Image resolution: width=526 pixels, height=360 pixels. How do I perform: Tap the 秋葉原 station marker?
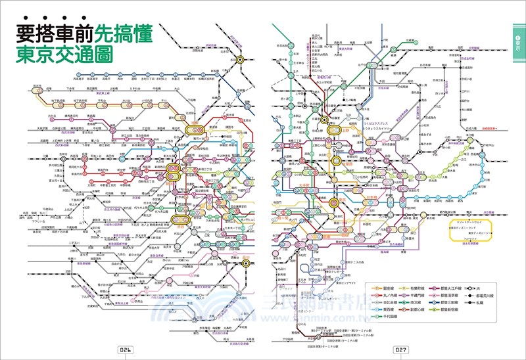click(x=336, y=160)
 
